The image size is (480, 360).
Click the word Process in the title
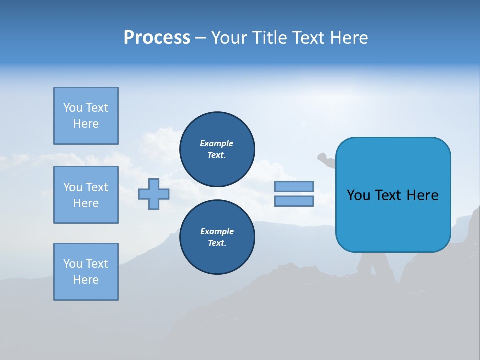point(157,38)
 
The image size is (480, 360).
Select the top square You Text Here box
point(86,116)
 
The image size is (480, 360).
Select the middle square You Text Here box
point(86,195)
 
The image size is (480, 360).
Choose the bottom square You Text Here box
point(86,272)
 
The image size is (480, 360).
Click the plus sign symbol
point(154,194)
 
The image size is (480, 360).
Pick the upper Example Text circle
point(217,149)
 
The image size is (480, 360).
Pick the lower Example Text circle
point(217,237)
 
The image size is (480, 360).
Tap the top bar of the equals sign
point(294,186)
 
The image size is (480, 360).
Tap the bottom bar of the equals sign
point(294,201)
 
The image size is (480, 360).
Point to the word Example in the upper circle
point(217,143)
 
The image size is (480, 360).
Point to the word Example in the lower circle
point(217,231)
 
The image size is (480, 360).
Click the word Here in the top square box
point(86,124)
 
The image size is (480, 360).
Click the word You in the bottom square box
point(73,264)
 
